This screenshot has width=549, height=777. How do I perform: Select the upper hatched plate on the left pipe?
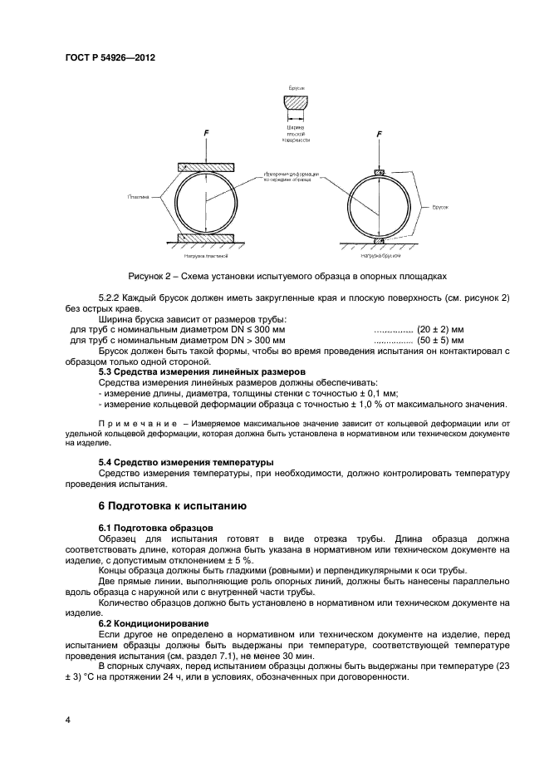point(207,167)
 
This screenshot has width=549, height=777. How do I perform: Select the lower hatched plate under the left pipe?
point(207,239)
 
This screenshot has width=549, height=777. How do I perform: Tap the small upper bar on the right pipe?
point(379,172)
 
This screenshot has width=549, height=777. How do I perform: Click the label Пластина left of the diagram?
point(139,198)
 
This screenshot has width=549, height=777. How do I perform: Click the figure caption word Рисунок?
point(147,275)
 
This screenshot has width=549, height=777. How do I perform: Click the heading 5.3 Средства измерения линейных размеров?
point(202,371)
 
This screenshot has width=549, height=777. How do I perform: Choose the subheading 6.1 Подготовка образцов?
point(156,528)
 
